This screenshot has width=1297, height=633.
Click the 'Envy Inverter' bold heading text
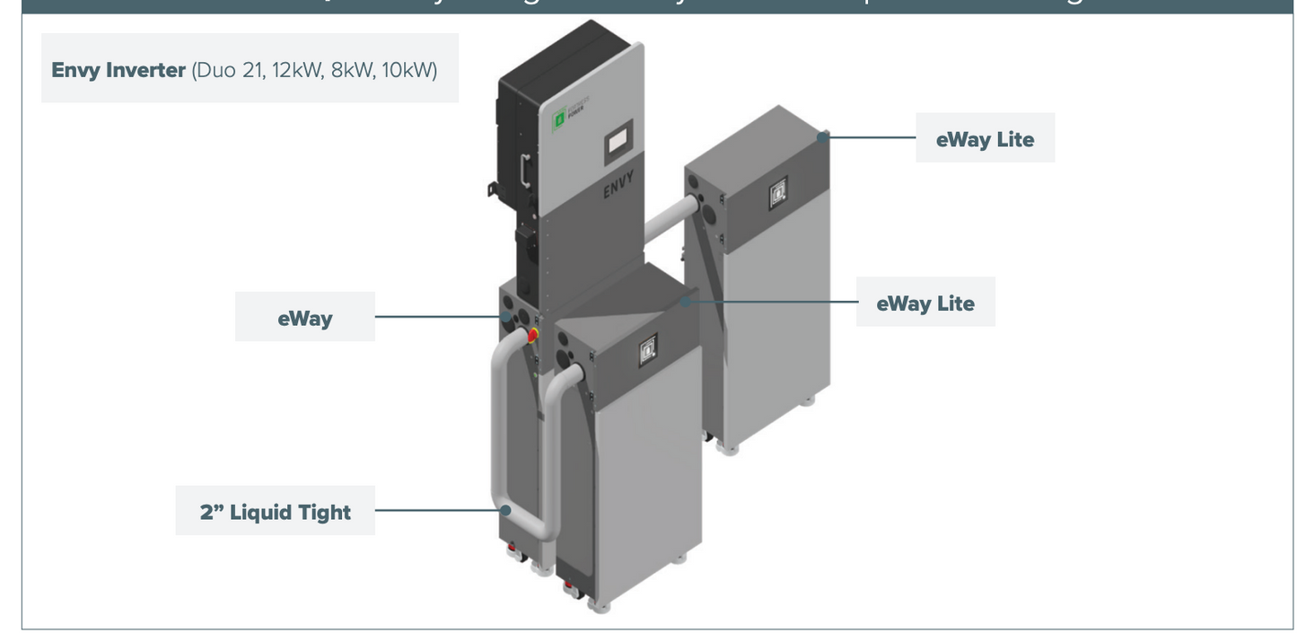click(118, 70)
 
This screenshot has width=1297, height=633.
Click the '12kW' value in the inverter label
click(296, 70)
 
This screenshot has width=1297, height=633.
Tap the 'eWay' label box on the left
click(304, 318)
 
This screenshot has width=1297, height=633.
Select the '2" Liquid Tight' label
click(275, 512)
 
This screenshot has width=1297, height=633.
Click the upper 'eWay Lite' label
click(985, 139)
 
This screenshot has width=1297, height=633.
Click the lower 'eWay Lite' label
click(925, 303)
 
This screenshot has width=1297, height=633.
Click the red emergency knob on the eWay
click(531, 335)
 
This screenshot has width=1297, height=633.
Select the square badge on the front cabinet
click(647, 349)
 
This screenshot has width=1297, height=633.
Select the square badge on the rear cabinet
click(778, 192)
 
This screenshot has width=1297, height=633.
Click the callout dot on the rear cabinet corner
click(823, 136)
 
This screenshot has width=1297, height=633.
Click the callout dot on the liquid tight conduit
click(505, 510)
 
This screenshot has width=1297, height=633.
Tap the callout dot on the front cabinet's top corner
click(685, 302)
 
